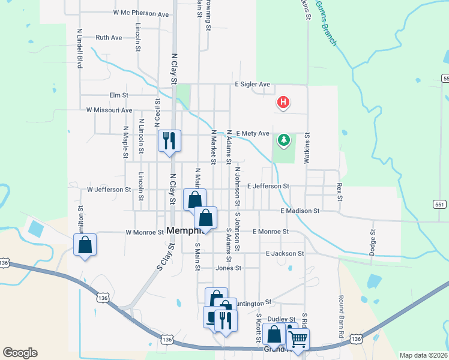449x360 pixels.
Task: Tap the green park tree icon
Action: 283,140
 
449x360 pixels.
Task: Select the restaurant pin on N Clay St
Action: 169,141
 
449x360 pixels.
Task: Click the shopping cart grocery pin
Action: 297,339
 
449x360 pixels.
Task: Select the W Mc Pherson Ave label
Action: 140,13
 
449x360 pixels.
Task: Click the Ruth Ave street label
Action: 109,37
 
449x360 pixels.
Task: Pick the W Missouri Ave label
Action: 109,110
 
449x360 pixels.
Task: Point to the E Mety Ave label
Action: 252,133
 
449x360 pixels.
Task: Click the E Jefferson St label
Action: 268,187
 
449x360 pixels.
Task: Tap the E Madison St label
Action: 300,211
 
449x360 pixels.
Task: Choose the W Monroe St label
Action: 145,232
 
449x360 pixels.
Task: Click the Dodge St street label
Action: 373,240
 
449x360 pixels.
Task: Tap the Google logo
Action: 20,353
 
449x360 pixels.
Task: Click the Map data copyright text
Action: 423,355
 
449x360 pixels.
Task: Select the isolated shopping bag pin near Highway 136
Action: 85,245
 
